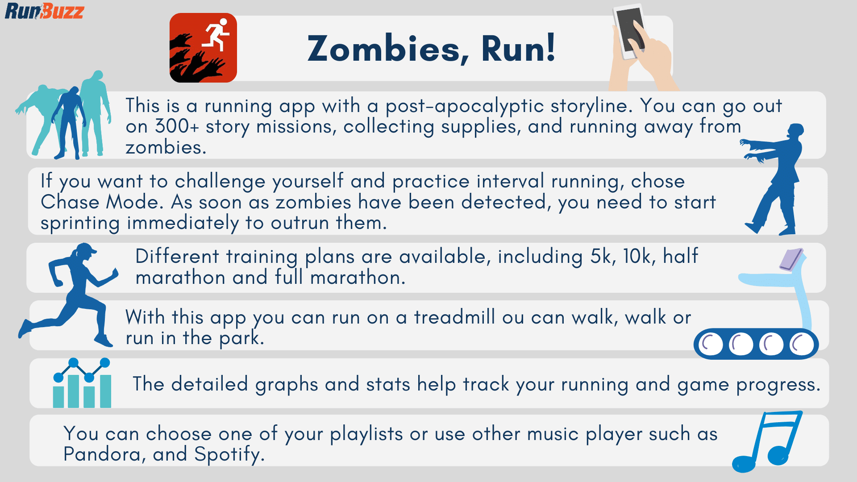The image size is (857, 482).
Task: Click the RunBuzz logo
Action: (44, 11)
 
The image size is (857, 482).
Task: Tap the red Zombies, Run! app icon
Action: (203, 48)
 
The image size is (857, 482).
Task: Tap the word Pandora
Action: (102, 454)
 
